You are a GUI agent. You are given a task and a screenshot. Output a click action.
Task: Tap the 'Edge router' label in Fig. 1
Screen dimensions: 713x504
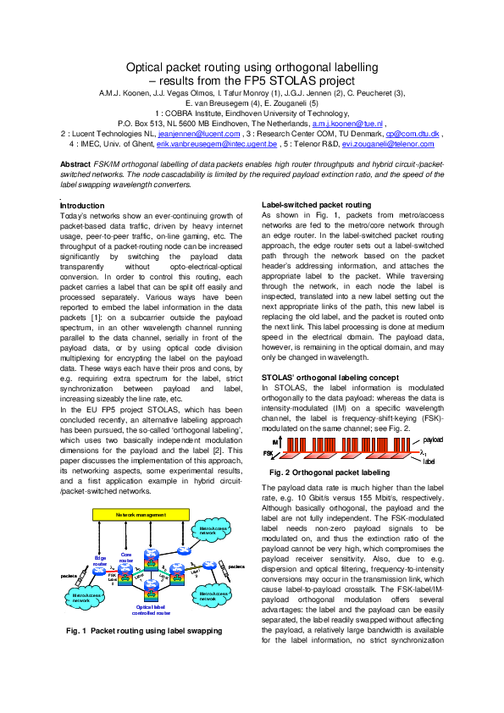100,560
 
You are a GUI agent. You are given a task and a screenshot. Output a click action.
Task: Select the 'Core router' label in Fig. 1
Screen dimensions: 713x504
126,556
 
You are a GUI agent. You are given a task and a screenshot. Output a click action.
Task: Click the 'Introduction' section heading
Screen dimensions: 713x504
82,206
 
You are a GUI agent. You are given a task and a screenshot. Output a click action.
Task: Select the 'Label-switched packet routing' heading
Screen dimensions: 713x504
316,205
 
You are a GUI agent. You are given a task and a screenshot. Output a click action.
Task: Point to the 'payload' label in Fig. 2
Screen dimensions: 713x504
433,440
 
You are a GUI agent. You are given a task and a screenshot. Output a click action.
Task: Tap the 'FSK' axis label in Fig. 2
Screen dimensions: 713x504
270,454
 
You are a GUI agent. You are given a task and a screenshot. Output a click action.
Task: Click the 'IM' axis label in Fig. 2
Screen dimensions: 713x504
274,442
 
